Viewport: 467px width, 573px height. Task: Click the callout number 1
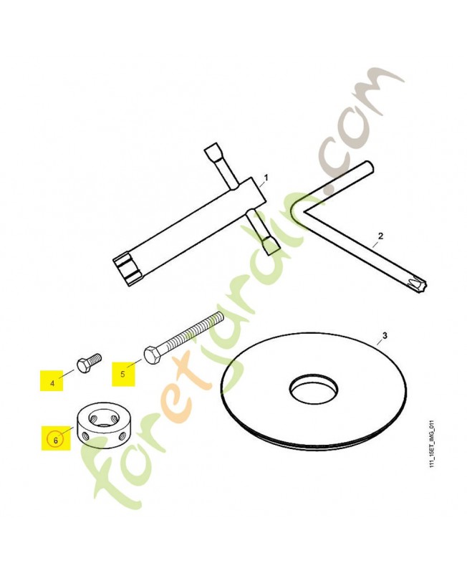tap(266, 177)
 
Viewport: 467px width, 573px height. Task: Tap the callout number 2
tap(380, 236)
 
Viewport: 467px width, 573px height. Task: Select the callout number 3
tap(384, 334)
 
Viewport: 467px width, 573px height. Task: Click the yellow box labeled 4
tap(52, 380)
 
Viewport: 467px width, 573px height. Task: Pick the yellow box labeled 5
tap(123, 374)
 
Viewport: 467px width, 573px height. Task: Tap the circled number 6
tap(56, 440)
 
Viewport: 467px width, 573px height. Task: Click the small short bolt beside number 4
tap(89, 362)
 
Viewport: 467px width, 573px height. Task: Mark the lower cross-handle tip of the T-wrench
tap(271, 247)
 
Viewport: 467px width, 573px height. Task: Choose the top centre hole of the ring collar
tap(102, 418)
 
